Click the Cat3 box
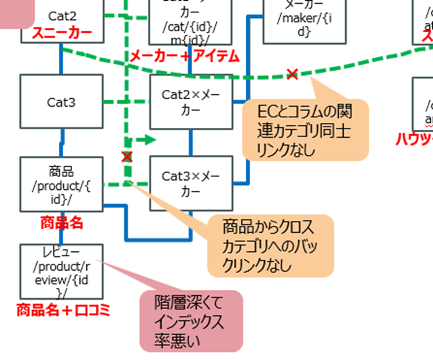click(x=61, y=102)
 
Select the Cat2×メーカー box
click(x=191, y=102)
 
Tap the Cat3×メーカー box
click(x=191, y=184)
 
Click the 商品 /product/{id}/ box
click(x=61, y=183)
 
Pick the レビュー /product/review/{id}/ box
click(x=61, y=271)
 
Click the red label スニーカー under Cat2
click(x=62, y=33)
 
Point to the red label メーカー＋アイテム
click(x=184, y=57)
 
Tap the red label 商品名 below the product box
click(x=61, y=222)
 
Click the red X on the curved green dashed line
click(x=292, y=74)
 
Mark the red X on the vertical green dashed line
click(x=127, y=156)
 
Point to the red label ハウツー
click(x=414, y=140)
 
